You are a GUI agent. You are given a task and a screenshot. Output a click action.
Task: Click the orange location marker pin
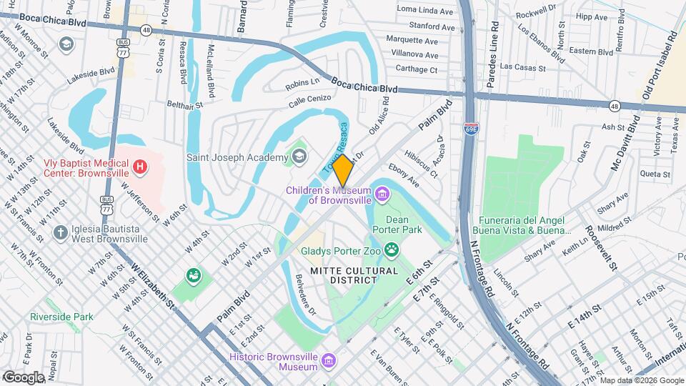(342, 170)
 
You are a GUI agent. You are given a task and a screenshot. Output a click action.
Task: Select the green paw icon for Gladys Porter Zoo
(391, 249)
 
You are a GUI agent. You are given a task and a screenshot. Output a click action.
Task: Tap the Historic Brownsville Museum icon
(328, 360)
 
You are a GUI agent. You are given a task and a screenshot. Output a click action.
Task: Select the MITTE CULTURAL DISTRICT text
(354, 275)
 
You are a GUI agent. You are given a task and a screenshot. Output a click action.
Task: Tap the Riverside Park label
(61, 317)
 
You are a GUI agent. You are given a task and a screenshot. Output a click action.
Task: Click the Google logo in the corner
(24, 377)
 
